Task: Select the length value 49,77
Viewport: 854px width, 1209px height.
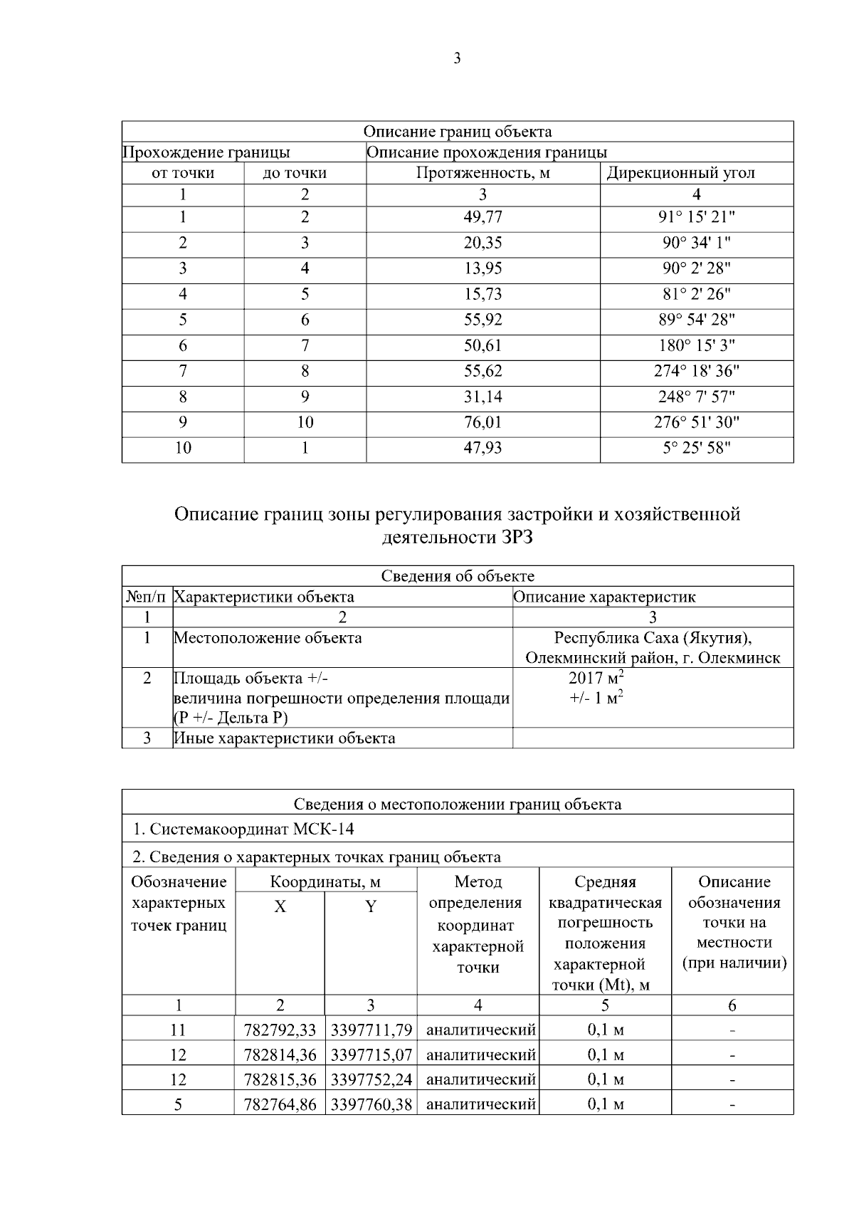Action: (483, 217)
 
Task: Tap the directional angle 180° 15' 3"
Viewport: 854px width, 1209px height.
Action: (696, 345)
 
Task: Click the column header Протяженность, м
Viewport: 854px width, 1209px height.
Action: (483, 173)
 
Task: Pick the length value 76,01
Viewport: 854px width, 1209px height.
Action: (483, 422)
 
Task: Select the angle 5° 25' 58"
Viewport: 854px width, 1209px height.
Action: (696, 448)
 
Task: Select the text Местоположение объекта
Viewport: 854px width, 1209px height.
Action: (268, 638)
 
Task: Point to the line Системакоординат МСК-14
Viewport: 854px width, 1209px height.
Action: (243, 829)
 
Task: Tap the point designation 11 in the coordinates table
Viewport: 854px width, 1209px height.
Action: (178, 1030)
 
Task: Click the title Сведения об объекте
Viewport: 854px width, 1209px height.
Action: (457, 576)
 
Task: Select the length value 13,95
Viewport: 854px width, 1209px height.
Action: (483, 268)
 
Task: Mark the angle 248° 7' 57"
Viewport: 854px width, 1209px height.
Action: (696, 397)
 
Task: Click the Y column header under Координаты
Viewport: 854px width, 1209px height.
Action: (370, 906)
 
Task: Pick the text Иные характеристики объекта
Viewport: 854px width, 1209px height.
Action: (285, 738)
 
